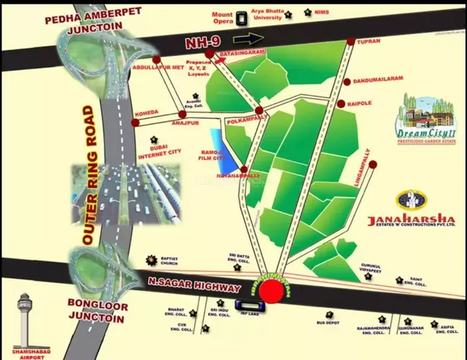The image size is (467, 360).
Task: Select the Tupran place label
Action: point(368,44)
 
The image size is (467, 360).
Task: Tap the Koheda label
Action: point(146,113)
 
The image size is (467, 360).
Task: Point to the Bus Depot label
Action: point(328,323)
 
